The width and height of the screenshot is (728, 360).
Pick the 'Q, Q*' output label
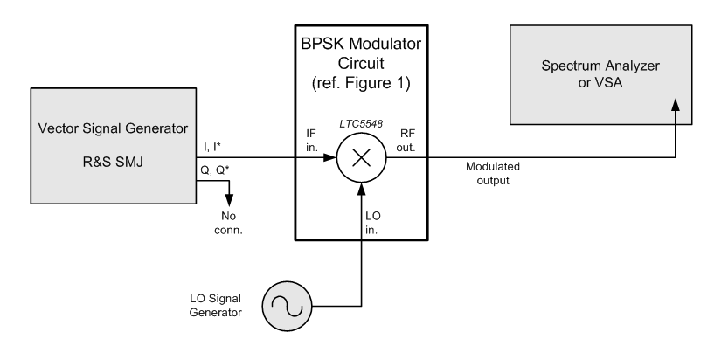pos(214,171)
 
